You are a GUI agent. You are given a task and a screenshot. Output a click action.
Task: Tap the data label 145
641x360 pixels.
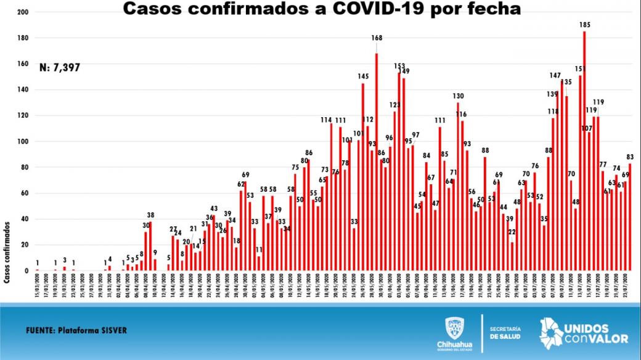363,76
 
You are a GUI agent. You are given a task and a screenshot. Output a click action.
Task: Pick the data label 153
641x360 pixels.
399,66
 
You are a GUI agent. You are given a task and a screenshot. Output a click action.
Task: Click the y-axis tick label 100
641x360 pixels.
23,141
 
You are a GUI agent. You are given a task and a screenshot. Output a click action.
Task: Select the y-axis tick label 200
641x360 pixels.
23,12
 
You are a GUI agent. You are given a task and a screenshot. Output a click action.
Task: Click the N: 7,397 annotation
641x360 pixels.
59,67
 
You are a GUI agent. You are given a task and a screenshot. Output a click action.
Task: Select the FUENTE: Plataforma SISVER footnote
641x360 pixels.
76,330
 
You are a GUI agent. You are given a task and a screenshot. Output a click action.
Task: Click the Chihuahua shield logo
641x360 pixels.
455,327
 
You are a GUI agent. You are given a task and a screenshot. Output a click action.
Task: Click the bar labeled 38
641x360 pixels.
150,246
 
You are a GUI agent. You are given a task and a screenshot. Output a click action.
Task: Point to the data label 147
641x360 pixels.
555,75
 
